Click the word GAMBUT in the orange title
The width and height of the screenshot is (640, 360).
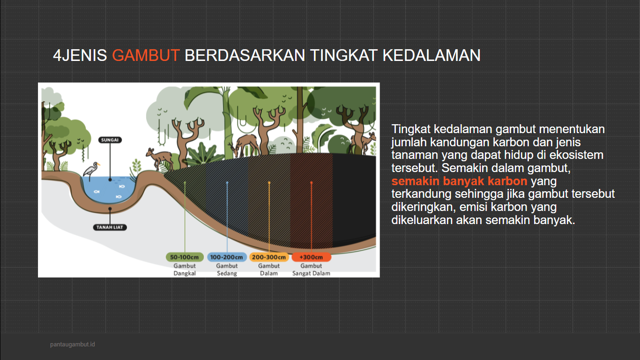coord(146,55)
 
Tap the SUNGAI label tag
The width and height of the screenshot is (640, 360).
coord(110,140)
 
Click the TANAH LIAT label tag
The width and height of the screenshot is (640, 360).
coord(110,227)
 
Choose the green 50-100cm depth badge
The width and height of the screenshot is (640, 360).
coord(185,257)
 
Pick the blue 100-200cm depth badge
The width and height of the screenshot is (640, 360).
coord(227,257)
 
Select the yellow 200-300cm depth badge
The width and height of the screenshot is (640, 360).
coord(269,257)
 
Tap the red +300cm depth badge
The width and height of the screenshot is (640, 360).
coord(311,257)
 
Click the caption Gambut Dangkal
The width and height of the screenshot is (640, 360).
coord(185,270)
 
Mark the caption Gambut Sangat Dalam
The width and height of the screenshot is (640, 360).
coord(311,270)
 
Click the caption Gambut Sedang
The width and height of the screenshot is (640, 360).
coord(227,270)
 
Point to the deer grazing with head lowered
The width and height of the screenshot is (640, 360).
coord(246,144)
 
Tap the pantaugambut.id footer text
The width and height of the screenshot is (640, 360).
coord(73,345)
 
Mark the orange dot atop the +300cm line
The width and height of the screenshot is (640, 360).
coord(311,183)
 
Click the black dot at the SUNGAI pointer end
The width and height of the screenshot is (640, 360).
coord(110,179)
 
